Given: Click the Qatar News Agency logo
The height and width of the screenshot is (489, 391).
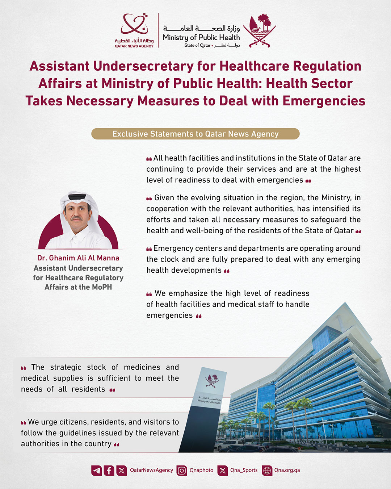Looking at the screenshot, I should [134, 30].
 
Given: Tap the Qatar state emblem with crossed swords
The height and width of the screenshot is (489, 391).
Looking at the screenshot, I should [259, 31].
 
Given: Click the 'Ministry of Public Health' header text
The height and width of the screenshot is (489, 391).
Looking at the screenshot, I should [201, 37].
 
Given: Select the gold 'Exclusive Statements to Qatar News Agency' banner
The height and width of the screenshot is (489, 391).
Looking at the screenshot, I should [195, 134].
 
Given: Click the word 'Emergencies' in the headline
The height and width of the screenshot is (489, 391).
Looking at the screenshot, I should [324, 101].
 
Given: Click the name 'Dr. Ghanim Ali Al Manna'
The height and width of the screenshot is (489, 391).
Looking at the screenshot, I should [78, 258].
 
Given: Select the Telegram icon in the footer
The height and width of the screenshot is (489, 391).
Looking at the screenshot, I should [97, 471].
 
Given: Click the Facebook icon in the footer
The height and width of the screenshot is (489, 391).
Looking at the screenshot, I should [109, 471].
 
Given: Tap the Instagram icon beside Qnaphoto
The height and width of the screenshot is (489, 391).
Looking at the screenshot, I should [182, 471].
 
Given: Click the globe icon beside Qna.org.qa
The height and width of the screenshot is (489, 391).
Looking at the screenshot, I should [267, 471].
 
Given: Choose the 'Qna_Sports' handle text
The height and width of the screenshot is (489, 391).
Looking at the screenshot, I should [244, 470].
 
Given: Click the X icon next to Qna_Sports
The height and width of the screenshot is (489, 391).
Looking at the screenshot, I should [223, 471].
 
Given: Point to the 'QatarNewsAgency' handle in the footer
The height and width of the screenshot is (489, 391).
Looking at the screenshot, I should [151, 470].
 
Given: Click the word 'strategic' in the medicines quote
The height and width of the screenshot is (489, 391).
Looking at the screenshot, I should [66, 367].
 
